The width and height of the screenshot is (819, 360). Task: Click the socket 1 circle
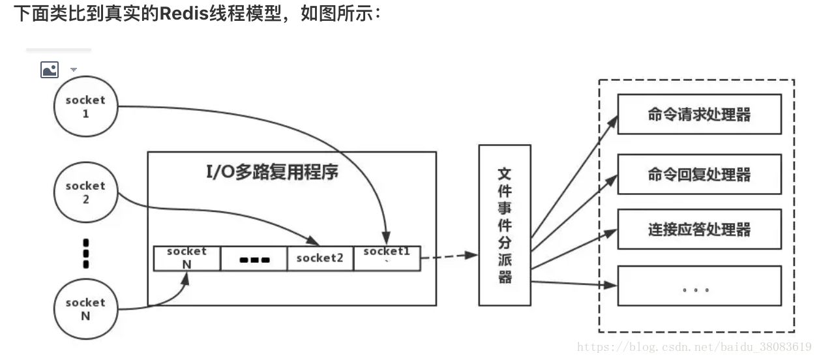pyautogui.click(x=85, y=107)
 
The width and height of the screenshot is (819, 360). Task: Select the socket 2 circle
pyautogui.click(x=85, y=192)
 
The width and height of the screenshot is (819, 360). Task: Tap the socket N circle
pyautogui.click(x=85, y=309)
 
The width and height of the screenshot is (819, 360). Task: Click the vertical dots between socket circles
pyautogui.click(x=86, y=253)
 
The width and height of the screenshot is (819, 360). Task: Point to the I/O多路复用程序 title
pyautogui.click(x=272, y=173)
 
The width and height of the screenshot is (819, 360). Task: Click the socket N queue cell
pyautogui.click(x=186, y=258)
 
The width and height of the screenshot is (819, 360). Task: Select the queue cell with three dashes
pyautogui.click(x=254, y=259)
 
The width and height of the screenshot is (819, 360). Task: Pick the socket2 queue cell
pyautogui.click(x=320, y=258)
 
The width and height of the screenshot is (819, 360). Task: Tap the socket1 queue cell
pyautogui.click(x=387, y=257)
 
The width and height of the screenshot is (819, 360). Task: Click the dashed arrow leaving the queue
pyautogui.click(x=450, y=256)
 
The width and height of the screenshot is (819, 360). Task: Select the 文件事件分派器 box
pyautogui.click(x=505, y=225)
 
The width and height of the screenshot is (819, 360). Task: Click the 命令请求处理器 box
pyautogui.click(x=699, y=115)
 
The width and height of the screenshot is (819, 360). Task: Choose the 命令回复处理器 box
pyautogui.click(x=699, y=174)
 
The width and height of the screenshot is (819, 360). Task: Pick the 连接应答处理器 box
pyautogui.click(x=699, y=229)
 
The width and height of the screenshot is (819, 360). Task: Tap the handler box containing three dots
pyautogui.click(x=699, y=286)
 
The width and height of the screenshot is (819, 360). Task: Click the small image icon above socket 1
pyautogui.click(x=50, y=69)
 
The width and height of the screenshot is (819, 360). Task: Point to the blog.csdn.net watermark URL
pyautogui.click(x=694, y=346)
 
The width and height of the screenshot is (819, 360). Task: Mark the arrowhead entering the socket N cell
pyautogui.click(x=186, y=277)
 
